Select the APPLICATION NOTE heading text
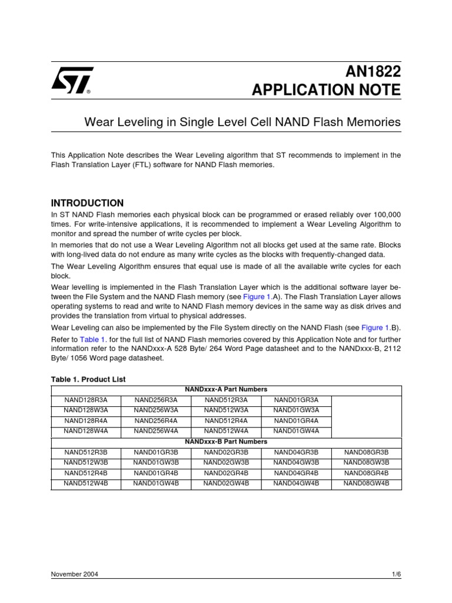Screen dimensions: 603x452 click(x=326, y=90)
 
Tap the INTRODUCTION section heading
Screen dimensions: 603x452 click(x=88, y=203)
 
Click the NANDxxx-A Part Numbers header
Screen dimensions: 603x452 click(x=226, y=389)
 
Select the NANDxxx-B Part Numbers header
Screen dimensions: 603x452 click(x=226, y=442)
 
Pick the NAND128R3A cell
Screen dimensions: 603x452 click(x=86, y=400)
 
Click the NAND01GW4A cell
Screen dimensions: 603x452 click(x=297, y=431)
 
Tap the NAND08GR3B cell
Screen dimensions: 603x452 click(x=366, y=452)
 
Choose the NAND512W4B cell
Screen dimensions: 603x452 click(x=86, y=483)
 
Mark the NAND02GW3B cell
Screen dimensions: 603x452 click(x=227, y=463)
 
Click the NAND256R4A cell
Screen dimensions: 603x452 click(x=156, y=420)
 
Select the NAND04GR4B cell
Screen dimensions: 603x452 click(x=297, y=473)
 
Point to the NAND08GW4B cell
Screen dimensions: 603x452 click(x=366, y=483)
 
